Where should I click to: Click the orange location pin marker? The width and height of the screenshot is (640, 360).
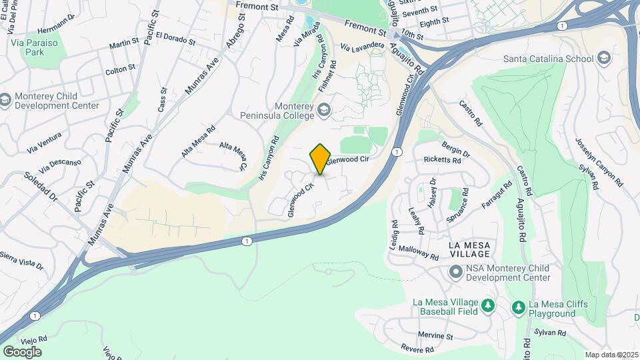click(321, 159)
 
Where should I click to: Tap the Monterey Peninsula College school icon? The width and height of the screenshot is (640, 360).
click(323, 109)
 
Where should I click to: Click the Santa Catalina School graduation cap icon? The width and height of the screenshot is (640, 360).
click(605, 58)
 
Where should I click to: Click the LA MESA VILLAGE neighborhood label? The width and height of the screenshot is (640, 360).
click(470, 249)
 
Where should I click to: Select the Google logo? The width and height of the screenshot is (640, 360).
click(22, 351)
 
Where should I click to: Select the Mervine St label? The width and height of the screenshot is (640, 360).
click(435, 335)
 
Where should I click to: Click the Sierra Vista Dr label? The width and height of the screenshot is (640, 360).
click(21, 259)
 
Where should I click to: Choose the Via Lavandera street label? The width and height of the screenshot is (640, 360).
click(363, 47)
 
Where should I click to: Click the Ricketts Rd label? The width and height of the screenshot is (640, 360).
click(442, 160)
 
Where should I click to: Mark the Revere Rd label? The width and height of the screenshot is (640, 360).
click(418, 349)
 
